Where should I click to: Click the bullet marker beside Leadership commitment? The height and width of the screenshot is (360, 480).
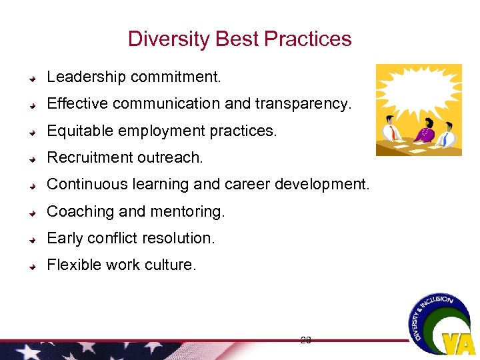point(33,78)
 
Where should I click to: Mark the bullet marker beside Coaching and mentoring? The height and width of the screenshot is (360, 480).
point(33,212)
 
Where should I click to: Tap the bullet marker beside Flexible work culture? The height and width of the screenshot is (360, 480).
point(33,265)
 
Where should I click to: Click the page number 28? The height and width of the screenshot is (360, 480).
point(305,340)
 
